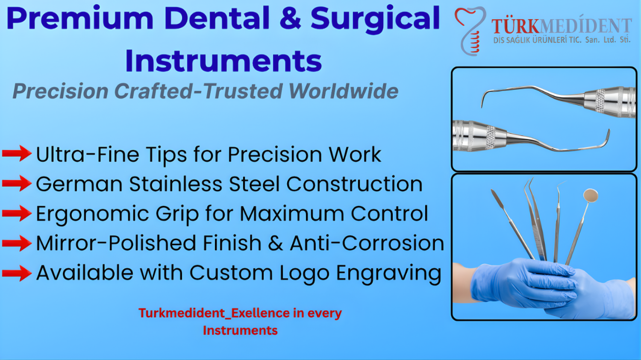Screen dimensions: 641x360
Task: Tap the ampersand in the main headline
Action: pyautogui.click(x=290, y=18)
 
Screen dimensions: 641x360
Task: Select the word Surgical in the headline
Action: pyautogui.click(x=375, y=19)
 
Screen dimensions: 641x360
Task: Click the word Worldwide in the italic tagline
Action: pyautogui.click(x=344, y=91)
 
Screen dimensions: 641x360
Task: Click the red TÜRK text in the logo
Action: pyautogui.click(x=515, y=26)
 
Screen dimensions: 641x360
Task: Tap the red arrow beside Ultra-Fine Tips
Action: pyautogui.click(x=17, y=153)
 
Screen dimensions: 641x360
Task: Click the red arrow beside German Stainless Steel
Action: pyautogui.click(x=17, y=183)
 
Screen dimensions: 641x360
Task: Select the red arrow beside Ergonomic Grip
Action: pyautogui.click(x=17, y=213)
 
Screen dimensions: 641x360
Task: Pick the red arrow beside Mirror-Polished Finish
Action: pyautogui.click(x=17, y=243)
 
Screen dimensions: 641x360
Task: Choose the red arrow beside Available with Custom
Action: pyautogui.click(x=17, y=273)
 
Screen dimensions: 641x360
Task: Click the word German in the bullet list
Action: pyautogui.click(x=79, y=184)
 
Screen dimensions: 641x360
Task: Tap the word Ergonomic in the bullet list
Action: pyautogui.click(x=92, y=214)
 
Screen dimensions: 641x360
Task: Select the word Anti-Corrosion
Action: pyautogui.click(x=367, y=243)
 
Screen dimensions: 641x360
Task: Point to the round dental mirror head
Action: pyautogui.click(x=591, y=196)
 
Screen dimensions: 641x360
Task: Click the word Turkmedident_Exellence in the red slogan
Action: pyautogui.click(x=214, y=313)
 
